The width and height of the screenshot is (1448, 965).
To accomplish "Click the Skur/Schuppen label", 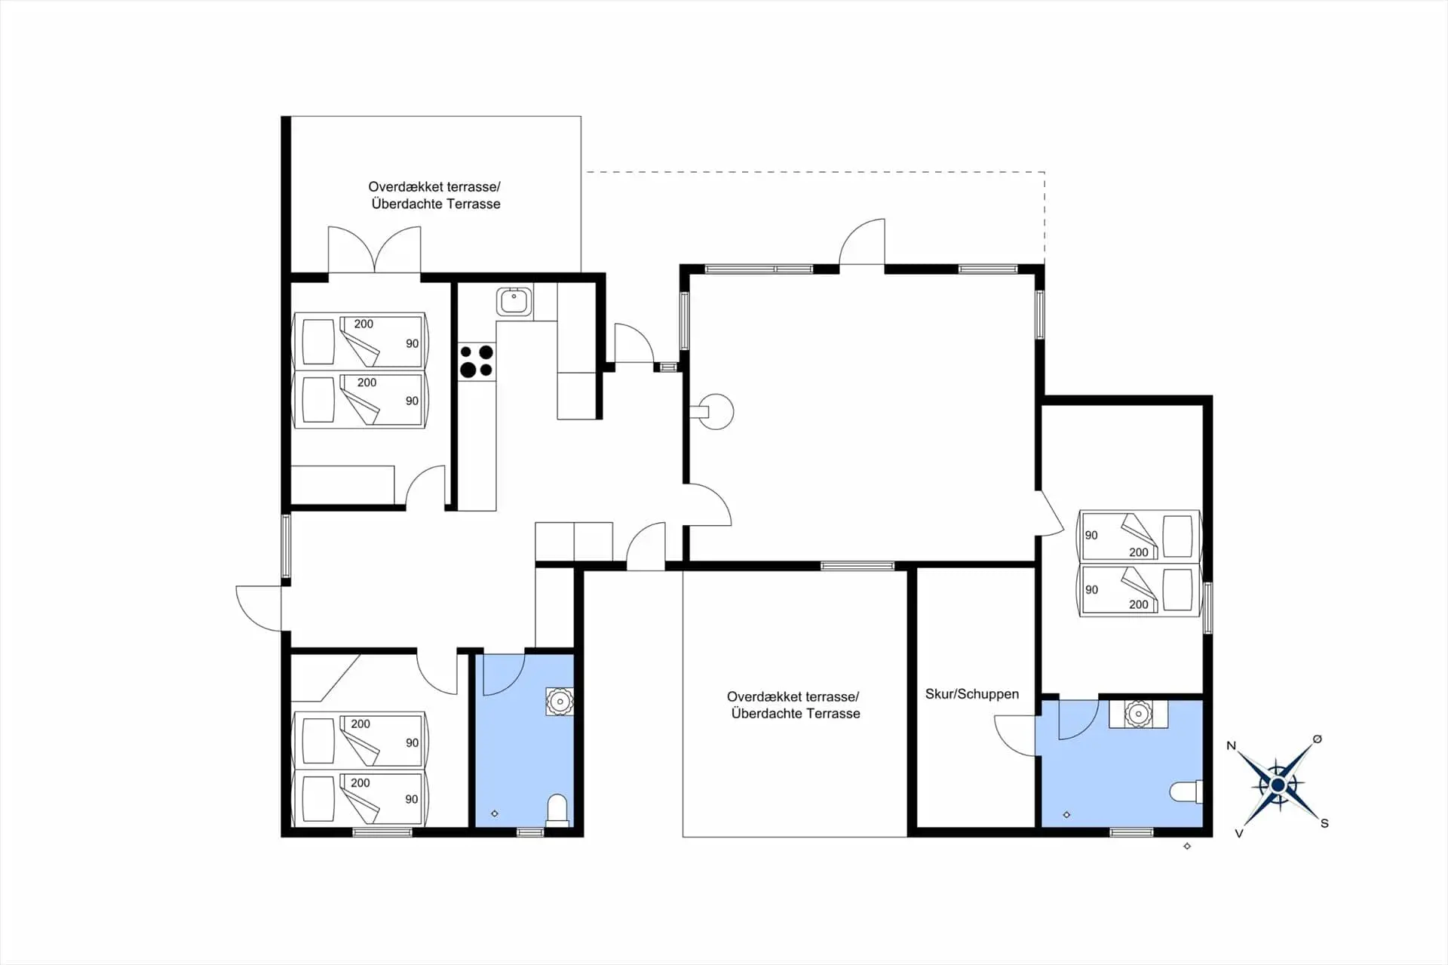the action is click(x=971, y=694).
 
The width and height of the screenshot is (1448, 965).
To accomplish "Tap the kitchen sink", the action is click(x=514, y=301).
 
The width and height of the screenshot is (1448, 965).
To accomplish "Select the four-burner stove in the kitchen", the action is click(x=477, y=361).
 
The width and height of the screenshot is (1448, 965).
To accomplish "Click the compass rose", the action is click(x=1278, y=785).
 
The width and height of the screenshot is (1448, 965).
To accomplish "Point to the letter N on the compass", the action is click(x=1232, y=745).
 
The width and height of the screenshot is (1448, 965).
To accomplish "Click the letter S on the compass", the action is click(x=1324, y=823).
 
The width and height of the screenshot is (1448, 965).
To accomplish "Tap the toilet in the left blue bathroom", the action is click(x=557, y=810).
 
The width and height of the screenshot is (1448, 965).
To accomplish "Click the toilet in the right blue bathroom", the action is click(x=1186, y=791).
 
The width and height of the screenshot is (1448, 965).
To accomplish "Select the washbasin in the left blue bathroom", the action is click(x=560, y=702).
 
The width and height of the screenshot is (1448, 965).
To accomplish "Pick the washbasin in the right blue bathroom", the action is click(x=1138, y=714).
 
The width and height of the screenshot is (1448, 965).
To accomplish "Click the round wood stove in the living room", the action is click(x=713, y=412).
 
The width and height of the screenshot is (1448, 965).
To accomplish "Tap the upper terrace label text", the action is click(x=435, y=195).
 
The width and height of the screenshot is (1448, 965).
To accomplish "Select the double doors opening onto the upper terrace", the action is click(x=374, y=249).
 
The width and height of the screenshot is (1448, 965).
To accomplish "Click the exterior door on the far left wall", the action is click(x=259, y=608).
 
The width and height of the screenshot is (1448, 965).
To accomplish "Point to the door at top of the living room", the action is click(x=862, y=242).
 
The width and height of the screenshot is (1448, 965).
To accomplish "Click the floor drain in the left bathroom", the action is click(x=495, y=813).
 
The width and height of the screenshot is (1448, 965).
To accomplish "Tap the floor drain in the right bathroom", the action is click(x=1066, y=815).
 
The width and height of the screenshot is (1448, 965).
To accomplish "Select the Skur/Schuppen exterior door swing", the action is click(x=1015, y=736).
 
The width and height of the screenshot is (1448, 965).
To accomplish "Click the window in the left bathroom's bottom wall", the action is click(x=530, y=832).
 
